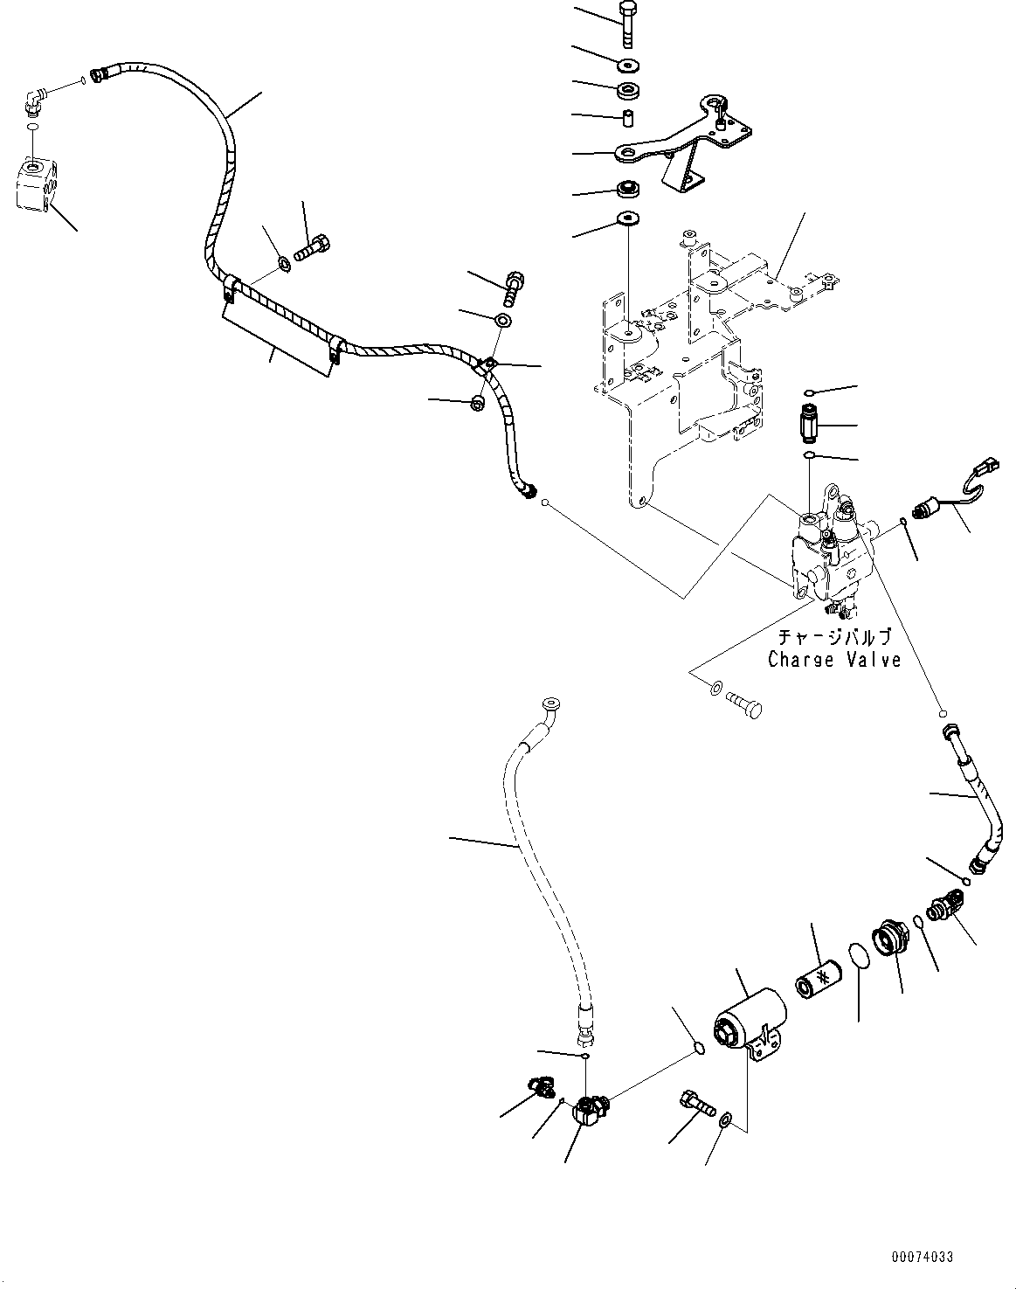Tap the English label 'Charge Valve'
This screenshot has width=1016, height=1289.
pos(834,660)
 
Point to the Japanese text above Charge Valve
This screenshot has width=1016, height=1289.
pos(834,637)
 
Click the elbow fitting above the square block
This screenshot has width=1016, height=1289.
pos(37,100)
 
